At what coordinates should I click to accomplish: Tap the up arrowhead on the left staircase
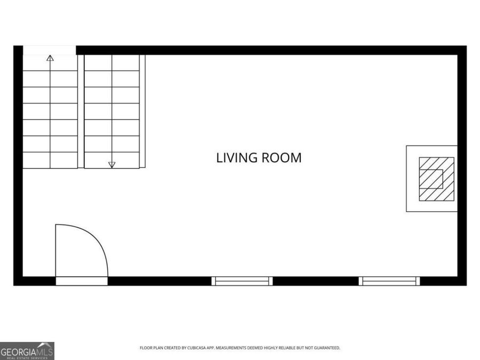tap(50, 58)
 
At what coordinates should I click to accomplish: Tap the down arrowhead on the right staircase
tap(112, 165)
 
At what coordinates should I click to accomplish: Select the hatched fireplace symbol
tap(436, 179)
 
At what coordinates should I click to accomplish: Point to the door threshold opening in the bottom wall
tap(82, 281)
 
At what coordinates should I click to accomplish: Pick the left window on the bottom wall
tap(242, 281)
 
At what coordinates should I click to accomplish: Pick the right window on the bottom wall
tap(389, 281)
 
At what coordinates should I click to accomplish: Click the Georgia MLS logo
tap(27, 351)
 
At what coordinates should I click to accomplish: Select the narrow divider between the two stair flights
tap(81, 111)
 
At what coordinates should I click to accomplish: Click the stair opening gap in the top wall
tap(49, 50)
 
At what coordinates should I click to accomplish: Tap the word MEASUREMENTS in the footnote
tap(239, 348)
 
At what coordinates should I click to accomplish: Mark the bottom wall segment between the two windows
tap(316, 281)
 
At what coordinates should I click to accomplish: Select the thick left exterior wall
tap(18, 160)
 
